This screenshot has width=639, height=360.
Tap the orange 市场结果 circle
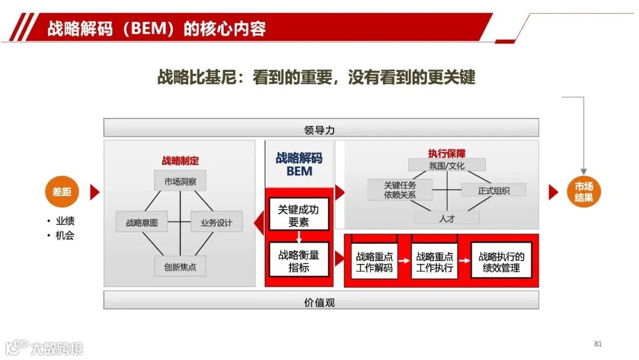click(x=584, y=192)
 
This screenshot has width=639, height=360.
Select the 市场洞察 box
click(x=180, y=181)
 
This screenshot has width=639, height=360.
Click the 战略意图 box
click(x=142, y=223)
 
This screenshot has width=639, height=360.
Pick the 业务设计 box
click(x=217, y=223)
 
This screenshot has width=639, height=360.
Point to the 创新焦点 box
click(x=180, y=266)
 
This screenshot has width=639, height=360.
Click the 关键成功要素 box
click(x=299, y=216)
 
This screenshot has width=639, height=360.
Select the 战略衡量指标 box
click(x=299, y=261)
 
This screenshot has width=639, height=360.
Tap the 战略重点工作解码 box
click(x=374, y=262)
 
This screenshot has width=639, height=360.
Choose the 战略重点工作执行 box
click(x=434, y=262)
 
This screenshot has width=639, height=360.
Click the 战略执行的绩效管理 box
click(x=501, y=262)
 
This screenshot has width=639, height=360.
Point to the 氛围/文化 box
click(x=446, y=165)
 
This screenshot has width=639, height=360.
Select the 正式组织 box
click(x=493, y=190)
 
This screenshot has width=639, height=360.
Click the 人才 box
click(x=446, y=218)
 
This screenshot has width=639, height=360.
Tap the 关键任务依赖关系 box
click(x=400, y=189)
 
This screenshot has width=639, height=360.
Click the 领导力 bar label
click(x=320, y=128)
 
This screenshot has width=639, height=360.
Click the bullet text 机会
click(x=65, y=236)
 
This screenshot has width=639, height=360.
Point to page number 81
click(x=598, y=345)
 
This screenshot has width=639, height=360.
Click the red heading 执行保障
click(x=447, y=153)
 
